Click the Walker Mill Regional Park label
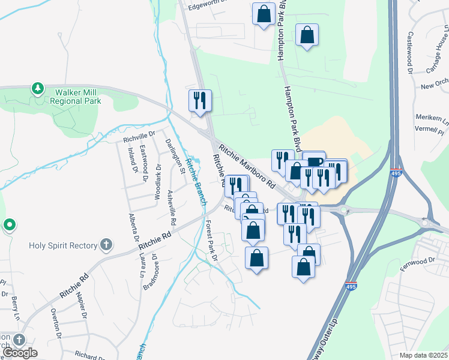coord(77,97)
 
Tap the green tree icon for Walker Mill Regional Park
coord(38,89)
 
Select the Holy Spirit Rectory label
coord(63,245)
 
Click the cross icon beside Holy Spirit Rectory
coord(106,244)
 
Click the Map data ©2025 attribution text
coord(423,355)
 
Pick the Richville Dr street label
coord(139,136)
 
